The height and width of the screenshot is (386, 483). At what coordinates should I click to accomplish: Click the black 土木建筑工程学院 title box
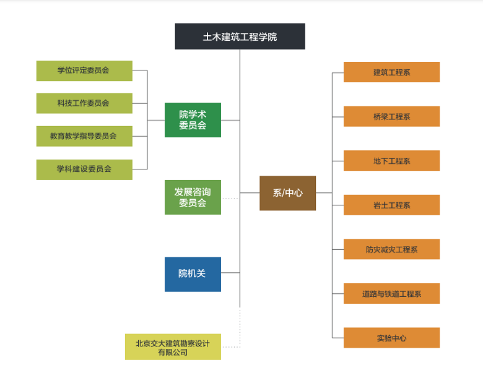[x=240, y=36]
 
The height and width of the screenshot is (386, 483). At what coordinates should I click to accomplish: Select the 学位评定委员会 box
[x=84, y=71]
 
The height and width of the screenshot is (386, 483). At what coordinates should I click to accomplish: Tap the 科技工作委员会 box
[x=84, y=103]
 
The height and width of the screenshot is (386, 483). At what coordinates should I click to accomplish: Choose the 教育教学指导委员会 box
[x=84, y=136]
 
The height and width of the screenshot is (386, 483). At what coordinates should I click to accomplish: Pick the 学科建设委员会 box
[x=84, y=169]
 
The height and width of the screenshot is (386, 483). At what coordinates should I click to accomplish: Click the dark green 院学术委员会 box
[x=193, y=120]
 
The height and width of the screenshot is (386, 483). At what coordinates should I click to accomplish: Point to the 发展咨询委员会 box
[x=193, y=197]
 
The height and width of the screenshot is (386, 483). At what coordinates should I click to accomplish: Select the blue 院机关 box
[x=193, y=274]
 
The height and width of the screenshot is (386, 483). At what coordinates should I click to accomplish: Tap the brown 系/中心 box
[x=287, y=193]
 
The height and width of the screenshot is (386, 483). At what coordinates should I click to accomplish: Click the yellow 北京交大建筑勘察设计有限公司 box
[x=173, y=347]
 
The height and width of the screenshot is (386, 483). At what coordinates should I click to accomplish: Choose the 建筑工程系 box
[x=391, y=72]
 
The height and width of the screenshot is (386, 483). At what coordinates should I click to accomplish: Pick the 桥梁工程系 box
[x=391, y=116]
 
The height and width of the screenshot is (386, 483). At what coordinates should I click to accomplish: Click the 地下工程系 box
[x=391, y=161]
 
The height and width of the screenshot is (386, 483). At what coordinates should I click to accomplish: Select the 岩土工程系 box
[x=391, y=205]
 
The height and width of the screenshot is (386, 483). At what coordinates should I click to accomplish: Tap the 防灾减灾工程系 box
[x=391, y=249]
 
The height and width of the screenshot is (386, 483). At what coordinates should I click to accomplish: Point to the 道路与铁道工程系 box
[x=391, y=294]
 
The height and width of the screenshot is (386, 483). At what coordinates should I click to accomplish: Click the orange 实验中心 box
[x=391, y=338]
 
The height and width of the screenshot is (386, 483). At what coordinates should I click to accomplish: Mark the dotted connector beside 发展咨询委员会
[x=230, y=198]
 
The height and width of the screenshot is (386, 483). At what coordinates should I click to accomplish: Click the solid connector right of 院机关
[x=230, y=272]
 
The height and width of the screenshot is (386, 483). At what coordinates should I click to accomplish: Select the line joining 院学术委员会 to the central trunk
[x=230, y=120]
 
